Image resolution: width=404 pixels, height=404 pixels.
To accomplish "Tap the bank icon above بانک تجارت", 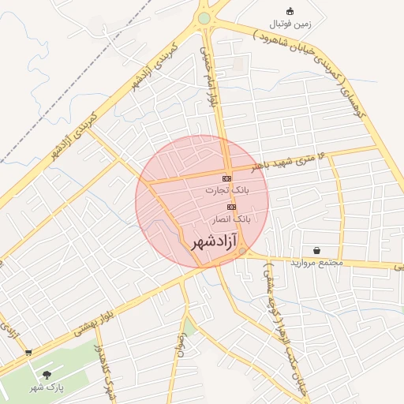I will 226,179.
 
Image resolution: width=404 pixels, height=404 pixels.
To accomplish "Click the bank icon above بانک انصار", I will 231,207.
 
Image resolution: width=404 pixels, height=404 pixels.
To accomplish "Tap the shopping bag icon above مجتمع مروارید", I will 316,250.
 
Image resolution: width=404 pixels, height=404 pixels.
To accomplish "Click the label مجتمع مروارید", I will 314,262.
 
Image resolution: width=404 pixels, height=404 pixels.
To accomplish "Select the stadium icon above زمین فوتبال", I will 290,11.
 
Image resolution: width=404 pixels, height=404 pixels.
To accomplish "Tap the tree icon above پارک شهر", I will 47,374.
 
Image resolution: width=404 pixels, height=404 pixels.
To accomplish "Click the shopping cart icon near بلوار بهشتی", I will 29,353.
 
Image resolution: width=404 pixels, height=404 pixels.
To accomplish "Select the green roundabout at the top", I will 204,17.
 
